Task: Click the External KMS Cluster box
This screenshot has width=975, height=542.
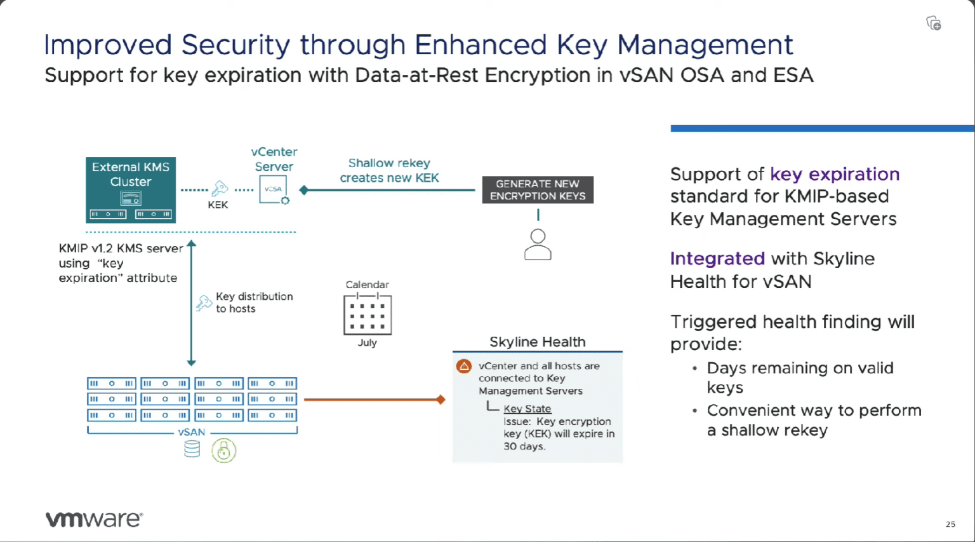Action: tap(131, 189)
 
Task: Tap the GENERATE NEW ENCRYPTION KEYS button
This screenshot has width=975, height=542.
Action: tap(538, 190)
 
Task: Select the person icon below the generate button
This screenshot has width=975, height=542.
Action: tap(538, 245)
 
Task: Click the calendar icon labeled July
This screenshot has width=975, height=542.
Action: tap(368, 314)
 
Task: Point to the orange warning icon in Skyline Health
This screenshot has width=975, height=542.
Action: tap(464, 367)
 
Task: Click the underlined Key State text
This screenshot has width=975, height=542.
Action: tap(527, 409)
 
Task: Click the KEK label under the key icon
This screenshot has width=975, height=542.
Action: tap(218, 205)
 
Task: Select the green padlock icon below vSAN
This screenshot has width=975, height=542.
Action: tap(223, 451)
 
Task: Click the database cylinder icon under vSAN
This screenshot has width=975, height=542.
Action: tap(192, 449)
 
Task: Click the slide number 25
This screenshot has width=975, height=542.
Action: tap(950, 524)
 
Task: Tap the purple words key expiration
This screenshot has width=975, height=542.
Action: tap(835, 174)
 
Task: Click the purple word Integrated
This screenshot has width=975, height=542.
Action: tap(717, 259)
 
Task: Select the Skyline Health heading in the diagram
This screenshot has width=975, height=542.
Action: tap(537, 342)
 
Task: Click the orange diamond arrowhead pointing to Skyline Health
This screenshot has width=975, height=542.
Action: tap(441, 400)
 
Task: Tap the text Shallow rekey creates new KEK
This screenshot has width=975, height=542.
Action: tap(389, 170)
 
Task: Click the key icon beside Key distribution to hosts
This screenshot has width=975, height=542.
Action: tap(204, 302)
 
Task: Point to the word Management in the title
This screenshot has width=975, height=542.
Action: tap(705, 45)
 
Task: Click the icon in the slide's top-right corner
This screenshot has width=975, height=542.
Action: tap(933, 24)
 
